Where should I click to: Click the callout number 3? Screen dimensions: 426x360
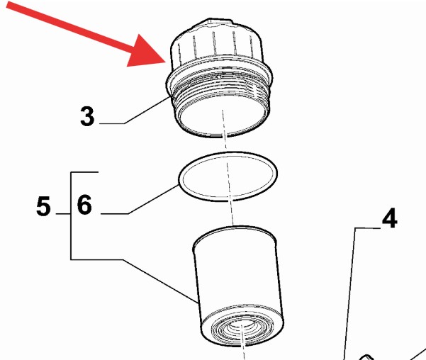pyautogui.click(x=87, y=116)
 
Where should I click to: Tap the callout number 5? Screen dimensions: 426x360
pyautogui.click(x=43, y=206)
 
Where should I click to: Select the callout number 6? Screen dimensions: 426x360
pyautogui.click(x=84, y=205)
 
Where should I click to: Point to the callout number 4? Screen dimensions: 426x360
pyautogui.click(x=390, y=218)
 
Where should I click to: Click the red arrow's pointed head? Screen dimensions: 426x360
pyautogui.click(x=166, y=62)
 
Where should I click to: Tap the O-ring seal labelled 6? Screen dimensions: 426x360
pyautogui.click(x=228, y=153)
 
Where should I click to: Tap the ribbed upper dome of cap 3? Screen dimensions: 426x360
pyautogui.click(x=216, y=41)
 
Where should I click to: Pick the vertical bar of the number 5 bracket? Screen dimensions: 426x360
pyautogui.click(x=71, y=216)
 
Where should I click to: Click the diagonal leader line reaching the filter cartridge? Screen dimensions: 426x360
pyautogui.click(x=160, y=281)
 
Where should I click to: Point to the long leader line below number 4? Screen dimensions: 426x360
pyautogui.click(x=349, y=293)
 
